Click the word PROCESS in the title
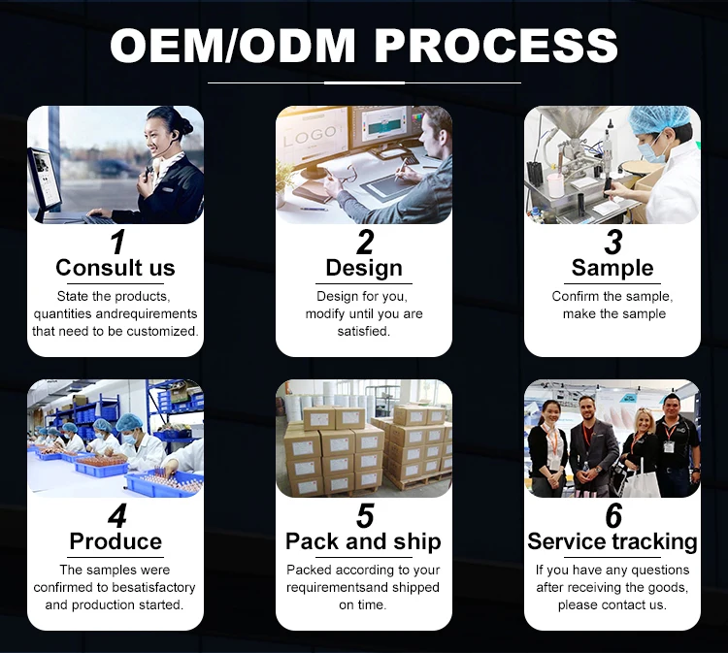coord(496,46)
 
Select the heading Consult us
coord(116,268)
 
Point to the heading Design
coord(363,268)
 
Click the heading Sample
coord(612,268)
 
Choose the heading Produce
coord(116,541)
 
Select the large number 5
coord(364,515)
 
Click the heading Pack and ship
coord(363,541)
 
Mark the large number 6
coord(612,515)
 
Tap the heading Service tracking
coord(612,541)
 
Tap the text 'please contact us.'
coord(612,604)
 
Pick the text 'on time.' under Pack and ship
coord(363,604)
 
